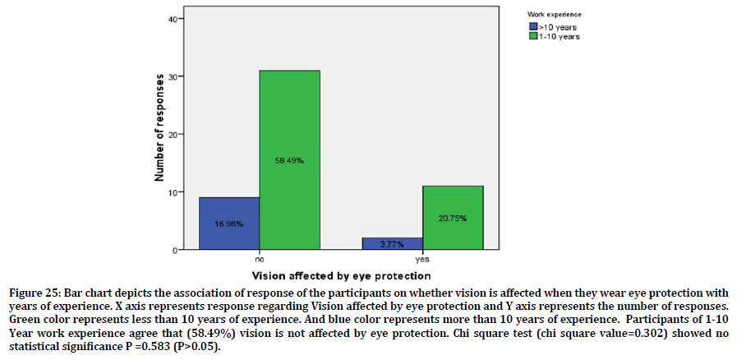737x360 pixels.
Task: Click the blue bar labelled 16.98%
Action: click(x=229, y=223)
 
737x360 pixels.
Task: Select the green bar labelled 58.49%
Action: click(x=289, y=160)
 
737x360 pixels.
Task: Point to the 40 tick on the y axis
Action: click(x=173, y=18)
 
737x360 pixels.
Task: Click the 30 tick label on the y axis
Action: click(x=173, y=76)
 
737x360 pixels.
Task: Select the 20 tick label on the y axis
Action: click(x=173, y=134)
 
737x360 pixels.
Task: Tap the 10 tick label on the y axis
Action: click(x=173, y=192)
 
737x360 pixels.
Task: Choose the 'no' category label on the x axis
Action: click(x=259, y=258)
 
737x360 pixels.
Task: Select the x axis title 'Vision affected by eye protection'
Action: click(x=341, y=275)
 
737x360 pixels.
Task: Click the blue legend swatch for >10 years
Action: click(x=532, y=26)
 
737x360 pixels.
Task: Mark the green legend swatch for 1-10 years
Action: click(x=532, y=35)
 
